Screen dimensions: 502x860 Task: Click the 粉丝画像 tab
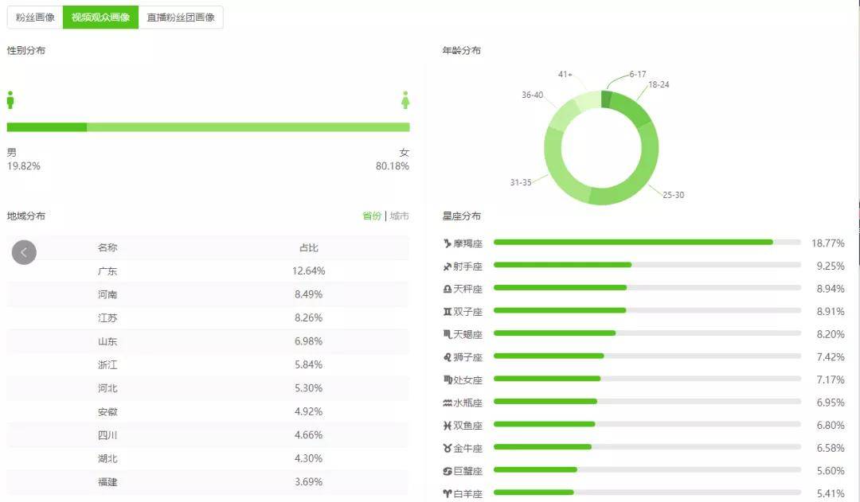[x=35, y=18]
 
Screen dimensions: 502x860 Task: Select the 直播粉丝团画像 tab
[x=181, y=18]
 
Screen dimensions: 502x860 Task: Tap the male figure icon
[x=10, y=99]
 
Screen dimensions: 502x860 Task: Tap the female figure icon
[x=405, y=99]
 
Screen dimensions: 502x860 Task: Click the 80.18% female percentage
[x=393, y=166]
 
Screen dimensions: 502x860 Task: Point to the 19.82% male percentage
[x=24, y=166]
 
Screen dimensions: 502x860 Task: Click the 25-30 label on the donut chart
[x=673, y=195]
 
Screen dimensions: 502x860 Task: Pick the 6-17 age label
[x=637, y=74]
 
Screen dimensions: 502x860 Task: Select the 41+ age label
[x=565, y=74]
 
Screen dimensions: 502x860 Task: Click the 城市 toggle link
[x=400, y=216]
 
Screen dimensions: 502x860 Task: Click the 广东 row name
[x=107, y=270]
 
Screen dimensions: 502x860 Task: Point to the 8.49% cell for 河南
[x=308, y=294]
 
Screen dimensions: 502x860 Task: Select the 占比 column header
[x=308, y=247]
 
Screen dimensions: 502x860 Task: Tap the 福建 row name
[x=107, y=482]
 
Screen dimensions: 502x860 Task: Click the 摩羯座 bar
[x=633, y=242]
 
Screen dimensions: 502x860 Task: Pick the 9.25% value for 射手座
[x=830, y=266]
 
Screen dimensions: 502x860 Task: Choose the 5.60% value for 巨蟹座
[x=830, y=471]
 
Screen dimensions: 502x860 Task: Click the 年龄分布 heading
[x=462, y=50]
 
